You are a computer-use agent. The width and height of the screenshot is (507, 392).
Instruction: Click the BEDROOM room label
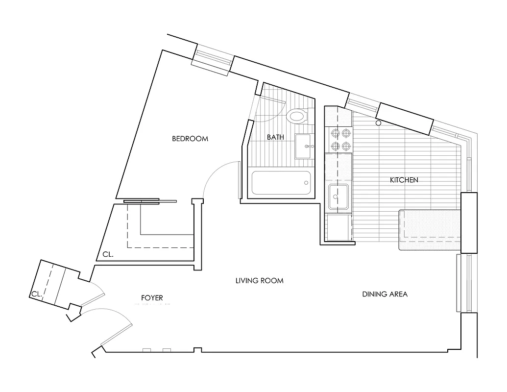190,139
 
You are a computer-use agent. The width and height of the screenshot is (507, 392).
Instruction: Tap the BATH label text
275,137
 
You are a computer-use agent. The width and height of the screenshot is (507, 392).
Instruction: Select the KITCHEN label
404,180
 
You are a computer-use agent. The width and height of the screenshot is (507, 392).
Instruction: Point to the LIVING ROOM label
259,281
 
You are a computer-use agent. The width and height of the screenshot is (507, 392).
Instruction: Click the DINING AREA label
385,294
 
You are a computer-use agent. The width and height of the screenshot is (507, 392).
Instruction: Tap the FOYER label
151,297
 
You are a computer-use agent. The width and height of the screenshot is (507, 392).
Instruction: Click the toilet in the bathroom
297,117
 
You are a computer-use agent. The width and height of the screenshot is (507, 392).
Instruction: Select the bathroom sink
304,146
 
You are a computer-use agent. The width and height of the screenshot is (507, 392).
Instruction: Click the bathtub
280,183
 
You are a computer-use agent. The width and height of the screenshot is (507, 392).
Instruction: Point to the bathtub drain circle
307,183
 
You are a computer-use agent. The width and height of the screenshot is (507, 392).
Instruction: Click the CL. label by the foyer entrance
36,294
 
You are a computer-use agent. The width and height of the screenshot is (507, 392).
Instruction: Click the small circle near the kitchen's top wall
378,123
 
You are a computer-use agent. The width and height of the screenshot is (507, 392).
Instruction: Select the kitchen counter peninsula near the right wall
430,230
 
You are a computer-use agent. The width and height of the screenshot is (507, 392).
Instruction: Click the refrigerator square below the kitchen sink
338,228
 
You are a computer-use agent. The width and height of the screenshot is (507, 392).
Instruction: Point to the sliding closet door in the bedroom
149,200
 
